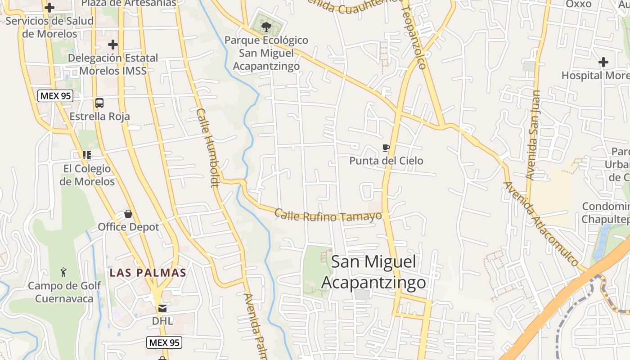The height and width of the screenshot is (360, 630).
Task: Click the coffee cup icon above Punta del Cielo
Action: (386, 148)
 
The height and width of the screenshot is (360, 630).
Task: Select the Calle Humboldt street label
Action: (207, 147)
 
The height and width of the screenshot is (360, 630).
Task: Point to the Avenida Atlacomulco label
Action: (540, 223)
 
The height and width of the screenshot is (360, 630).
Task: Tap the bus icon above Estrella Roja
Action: (99, 103)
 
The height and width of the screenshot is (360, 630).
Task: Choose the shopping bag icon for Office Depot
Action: (128, 214)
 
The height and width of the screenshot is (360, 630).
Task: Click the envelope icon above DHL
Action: (162, 308)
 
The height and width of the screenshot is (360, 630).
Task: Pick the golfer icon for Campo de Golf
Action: (64, 272)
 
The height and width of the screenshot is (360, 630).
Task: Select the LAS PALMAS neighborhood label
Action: (148, 273)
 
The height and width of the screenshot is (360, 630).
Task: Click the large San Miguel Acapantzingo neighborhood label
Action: (373, 272)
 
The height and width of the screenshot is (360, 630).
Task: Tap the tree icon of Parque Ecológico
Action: (266, 27)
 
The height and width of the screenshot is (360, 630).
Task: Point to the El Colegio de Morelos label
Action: (87, 175)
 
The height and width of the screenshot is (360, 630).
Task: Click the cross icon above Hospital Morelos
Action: (603, 62)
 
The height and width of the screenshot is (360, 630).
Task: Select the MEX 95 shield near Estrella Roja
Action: (55, 96)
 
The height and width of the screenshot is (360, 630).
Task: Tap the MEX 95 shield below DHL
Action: (164, 342)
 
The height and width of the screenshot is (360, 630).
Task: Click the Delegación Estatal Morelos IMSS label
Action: (113, 64)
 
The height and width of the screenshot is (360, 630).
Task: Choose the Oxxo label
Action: (578, 4)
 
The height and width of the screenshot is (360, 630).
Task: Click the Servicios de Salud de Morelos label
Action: (49, 27)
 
